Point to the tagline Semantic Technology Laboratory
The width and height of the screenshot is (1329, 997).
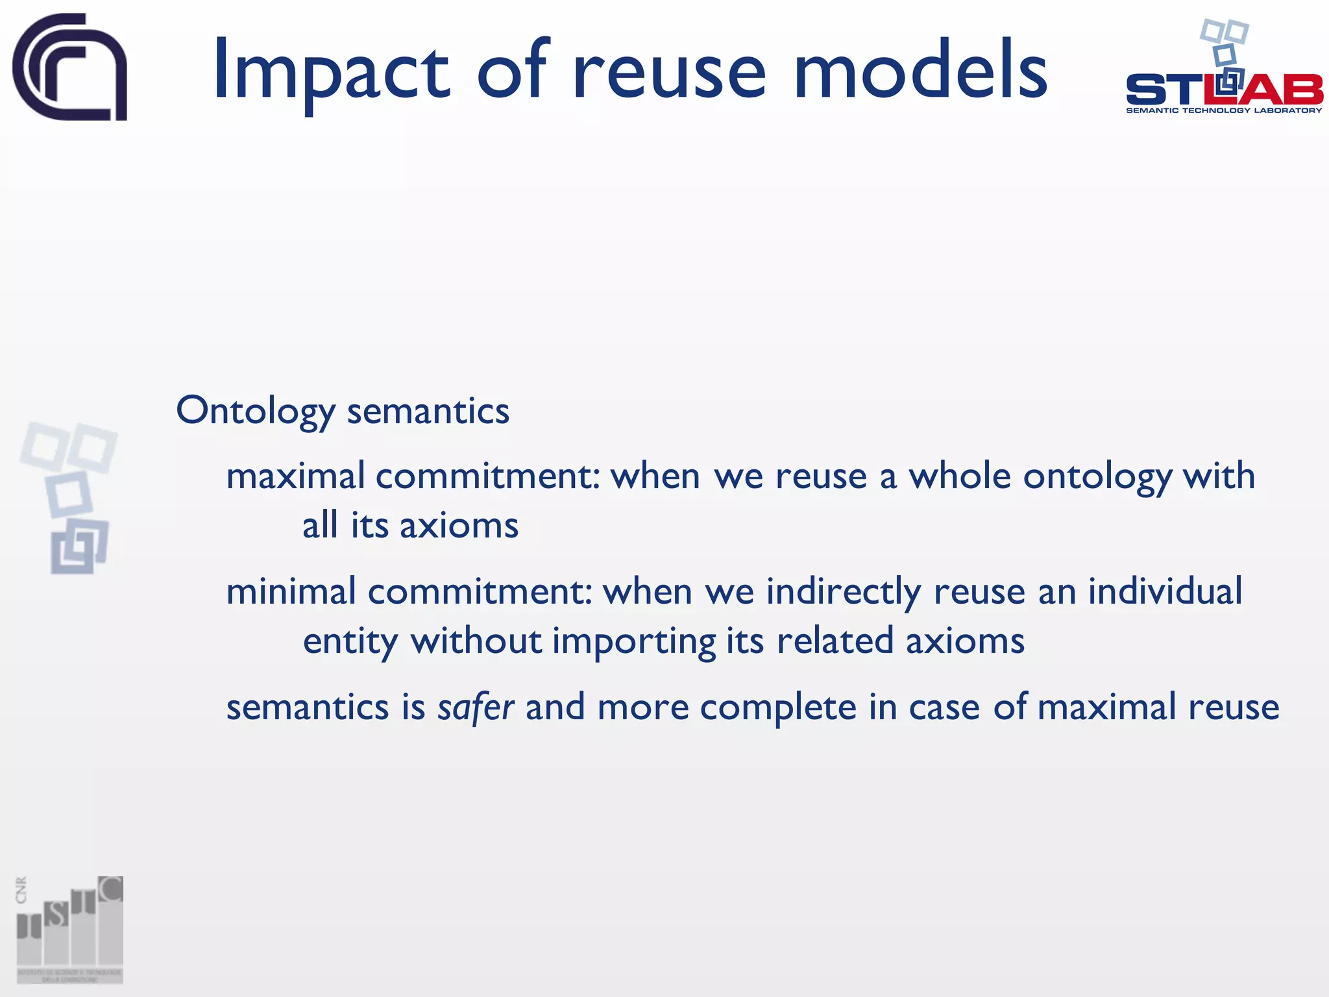tap(1224, 110)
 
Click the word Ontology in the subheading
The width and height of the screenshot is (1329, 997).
tap(256, 412)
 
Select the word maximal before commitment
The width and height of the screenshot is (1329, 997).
tap(295, 476)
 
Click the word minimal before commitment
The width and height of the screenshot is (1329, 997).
tap(291, 592)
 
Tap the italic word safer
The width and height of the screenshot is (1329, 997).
tap(476, 707)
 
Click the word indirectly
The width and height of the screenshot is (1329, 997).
tap(843, 592)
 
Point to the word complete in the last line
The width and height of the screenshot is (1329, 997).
tap(778, 707)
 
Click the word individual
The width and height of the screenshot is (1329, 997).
tap(1165, 592)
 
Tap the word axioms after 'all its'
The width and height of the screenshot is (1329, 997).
tap(459, 525)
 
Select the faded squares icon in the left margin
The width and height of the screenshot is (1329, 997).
tap(69, 497)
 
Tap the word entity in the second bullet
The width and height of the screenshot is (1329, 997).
tap(350, 642)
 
